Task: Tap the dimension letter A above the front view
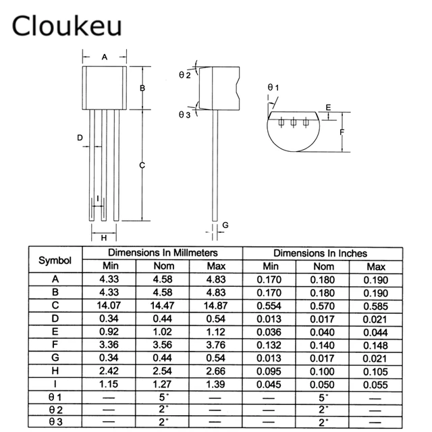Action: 105,57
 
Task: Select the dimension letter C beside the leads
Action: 142,165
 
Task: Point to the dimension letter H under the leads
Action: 104,238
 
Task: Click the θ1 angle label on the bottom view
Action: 273,87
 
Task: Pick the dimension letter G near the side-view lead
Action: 225,224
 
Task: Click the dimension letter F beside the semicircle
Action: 342,132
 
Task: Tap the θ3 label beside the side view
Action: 184,115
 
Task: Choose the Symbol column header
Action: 55,260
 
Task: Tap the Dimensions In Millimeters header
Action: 162,253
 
